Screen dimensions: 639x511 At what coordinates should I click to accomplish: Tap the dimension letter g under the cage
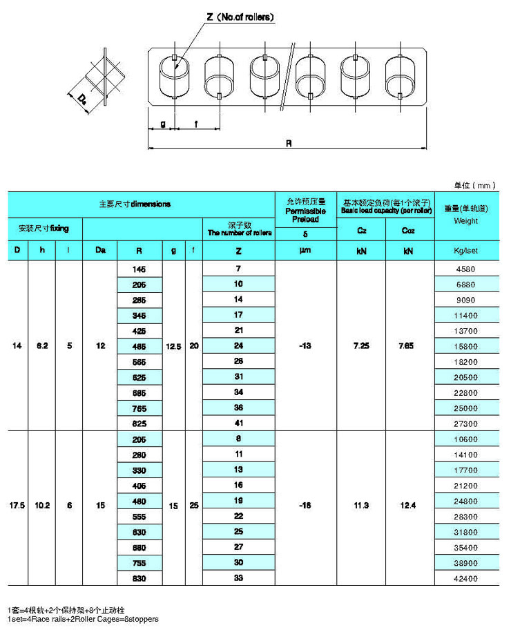click(x=162, y=124)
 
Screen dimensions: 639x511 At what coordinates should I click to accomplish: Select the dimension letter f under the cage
click(x=197, y=124)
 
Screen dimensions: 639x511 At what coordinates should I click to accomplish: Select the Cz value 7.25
click(x=360, y=345)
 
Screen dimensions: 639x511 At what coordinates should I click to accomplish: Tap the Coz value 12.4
click(x=409, y=506)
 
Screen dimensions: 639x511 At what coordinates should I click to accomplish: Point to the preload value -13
click(x=305, y=345)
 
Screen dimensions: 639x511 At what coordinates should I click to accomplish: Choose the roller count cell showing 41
click(x=238, y=423)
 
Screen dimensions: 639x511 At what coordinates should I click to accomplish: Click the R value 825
click(x=139, y=423)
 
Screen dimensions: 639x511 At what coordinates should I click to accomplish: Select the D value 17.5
click(x=17, y=506)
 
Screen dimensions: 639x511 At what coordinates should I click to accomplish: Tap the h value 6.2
click(x=42, y=345)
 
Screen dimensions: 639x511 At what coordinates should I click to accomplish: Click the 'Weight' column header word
click(x=466, y=221)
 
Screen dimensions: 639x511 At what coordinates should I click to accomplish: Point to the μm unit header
click(x=305, y=250)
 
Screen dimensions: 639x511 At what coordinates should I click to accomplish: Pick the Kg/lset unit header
click(x=466, y=250)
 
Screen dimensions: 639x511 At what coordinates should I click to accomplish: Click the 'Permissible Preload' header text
click(x=305, y=215)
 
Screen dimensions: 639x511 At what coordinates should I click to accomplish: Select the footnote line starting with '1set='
click(x=83, y=619)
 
